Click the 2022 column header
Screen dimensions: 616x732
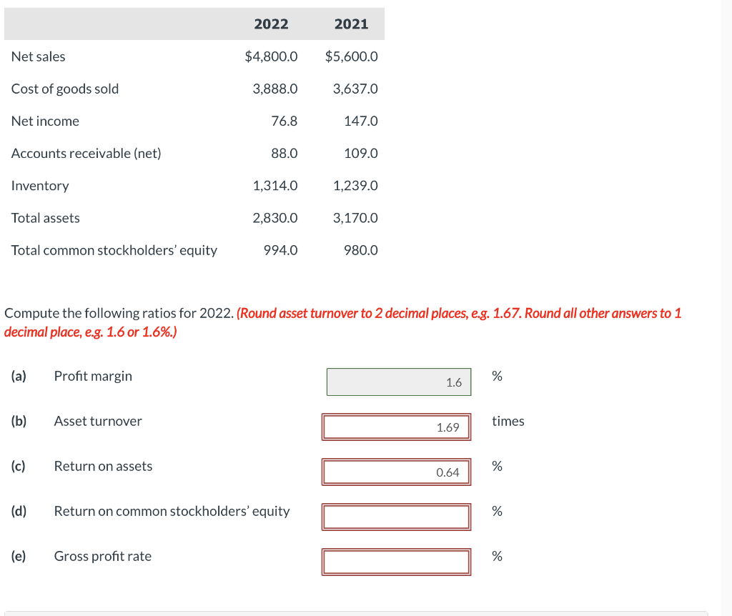pos(271,24)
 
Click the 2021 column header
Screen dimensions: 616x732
pos(351,24)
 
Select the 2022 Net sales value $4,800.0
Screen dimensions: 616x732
pos(271,56)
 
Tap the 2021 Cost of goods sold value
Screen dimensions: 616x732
pos(355,89)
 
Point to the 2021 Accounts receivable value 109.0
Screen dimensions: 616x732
pos(361,153)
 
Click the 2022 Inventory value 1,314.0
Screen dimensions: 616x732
pos(275,186)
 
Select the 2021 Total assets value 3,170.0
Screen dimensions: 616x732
pos(355,218)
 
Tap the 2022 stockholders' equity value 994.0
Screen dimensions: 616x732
pos(281,250)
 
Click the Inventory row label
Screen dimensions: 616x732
pos(40,186)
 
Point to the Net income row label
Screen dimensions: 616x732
pos(45,121)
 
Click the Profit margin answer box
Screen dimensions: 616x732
pos(399,382)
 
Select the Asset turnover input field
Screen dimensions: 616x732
pos(397,427)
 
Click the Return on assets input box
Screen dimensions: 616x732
pos(397,472)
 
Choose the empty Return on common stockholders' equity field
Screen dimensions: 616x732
pos(397,517)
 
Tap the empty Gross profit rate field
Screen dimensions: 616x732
pos(397,562)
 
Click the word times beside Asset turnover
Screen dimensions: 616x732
pos(508,421)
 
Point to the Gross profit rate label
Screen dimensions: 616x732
pos(103,556)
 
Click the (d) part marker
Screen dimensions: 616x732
pos(19,511)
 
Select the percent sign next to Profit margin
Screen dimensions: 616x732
pos(497,376)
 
